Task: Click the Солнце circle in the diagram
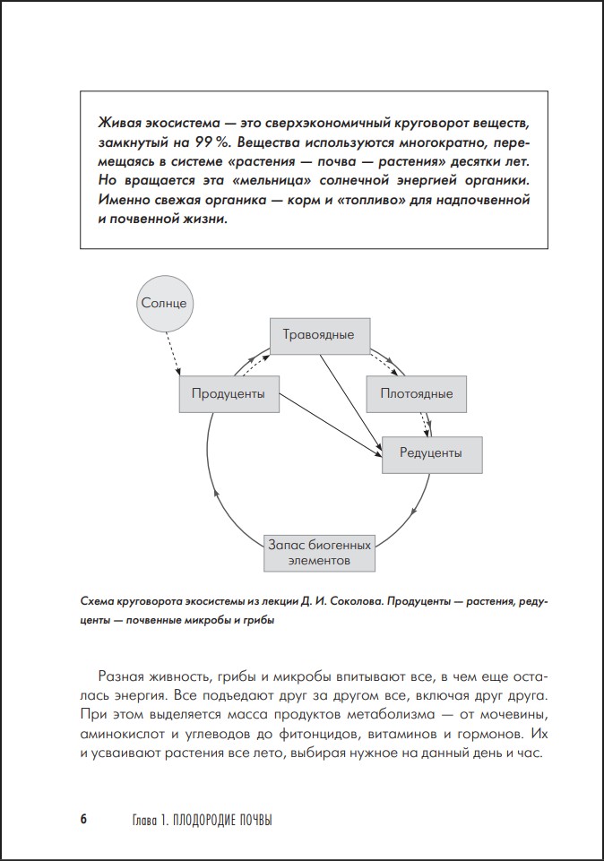[164, 302]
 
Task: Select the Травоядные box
[318, 335]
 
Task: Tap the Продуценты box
[228, 393]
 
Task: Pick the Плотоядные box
[416, 393]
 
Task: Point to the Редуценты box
[431, 453]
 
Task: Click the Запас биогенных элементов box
[318, 552]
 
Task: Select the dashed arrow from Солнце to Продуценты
[172, 352]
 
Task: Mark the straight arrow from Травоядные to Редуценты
[349, 394]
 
